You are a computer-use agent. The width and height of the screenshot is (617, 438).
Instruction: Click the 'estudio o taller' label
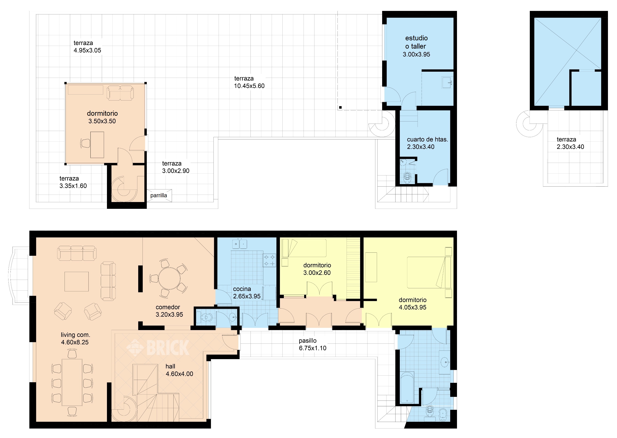click(416, 42)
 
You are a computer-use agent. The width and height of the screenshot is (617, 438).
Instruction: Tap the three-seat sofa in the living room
click(77, 253)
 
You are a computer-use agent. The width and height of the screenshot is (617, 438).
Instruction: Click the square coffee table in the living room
click(77, 281)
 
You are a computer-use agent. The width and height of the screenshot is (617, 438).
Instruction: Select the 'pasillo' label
click(307, 341)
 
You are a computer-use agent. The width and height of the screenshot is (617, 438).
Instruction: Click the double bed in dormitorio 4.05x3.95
click(429, 272)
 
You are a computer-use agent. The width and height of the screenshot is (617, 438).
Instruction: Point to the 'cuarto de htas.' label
click(427, 139)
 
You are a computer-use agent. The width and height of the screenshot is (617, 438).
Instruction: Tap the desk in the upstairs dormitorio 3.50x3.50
click(97, 145)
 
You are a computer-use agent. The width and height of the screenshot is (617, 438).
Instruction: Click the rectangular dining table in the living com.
click(72, 382)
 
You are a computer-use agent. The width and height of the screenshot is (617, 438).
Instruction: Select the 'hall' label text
click(170, 366)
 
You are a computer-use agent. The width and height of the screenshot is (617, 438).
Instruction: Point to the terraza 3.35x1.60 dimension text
click(73, 186)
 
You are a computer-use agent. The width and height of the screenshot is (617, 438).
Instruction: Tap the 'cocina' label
click(242, 289)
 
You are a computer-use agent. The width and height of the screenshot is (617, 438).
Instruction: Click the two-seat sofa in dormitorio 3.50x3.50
click(120, 93)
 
